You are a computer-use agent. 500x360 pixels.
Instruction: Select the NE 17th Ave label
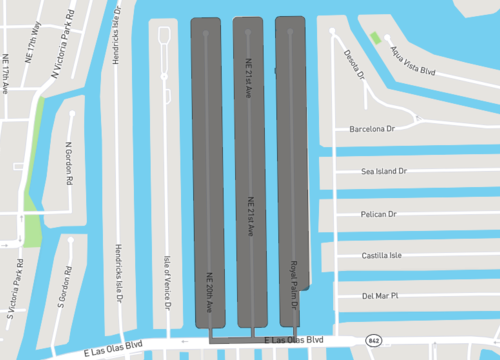click(5, 72)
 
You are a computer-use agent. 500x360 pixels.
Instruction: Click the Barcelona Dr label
click(373, 129)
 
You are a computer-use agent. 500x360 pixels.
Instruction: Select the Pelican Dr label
click(378, 214)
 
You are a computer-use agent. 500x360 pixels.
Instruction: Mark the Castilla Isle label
click(380, 256)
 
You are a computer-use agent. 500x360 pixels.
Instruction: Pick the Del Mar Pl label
click(380, 296)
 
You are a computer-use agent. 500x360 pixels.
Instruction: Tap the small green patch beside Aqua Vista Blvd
click(374, 38)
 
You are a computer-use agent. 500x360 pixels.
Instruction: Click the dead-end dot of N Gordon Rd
click(73, 113)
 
